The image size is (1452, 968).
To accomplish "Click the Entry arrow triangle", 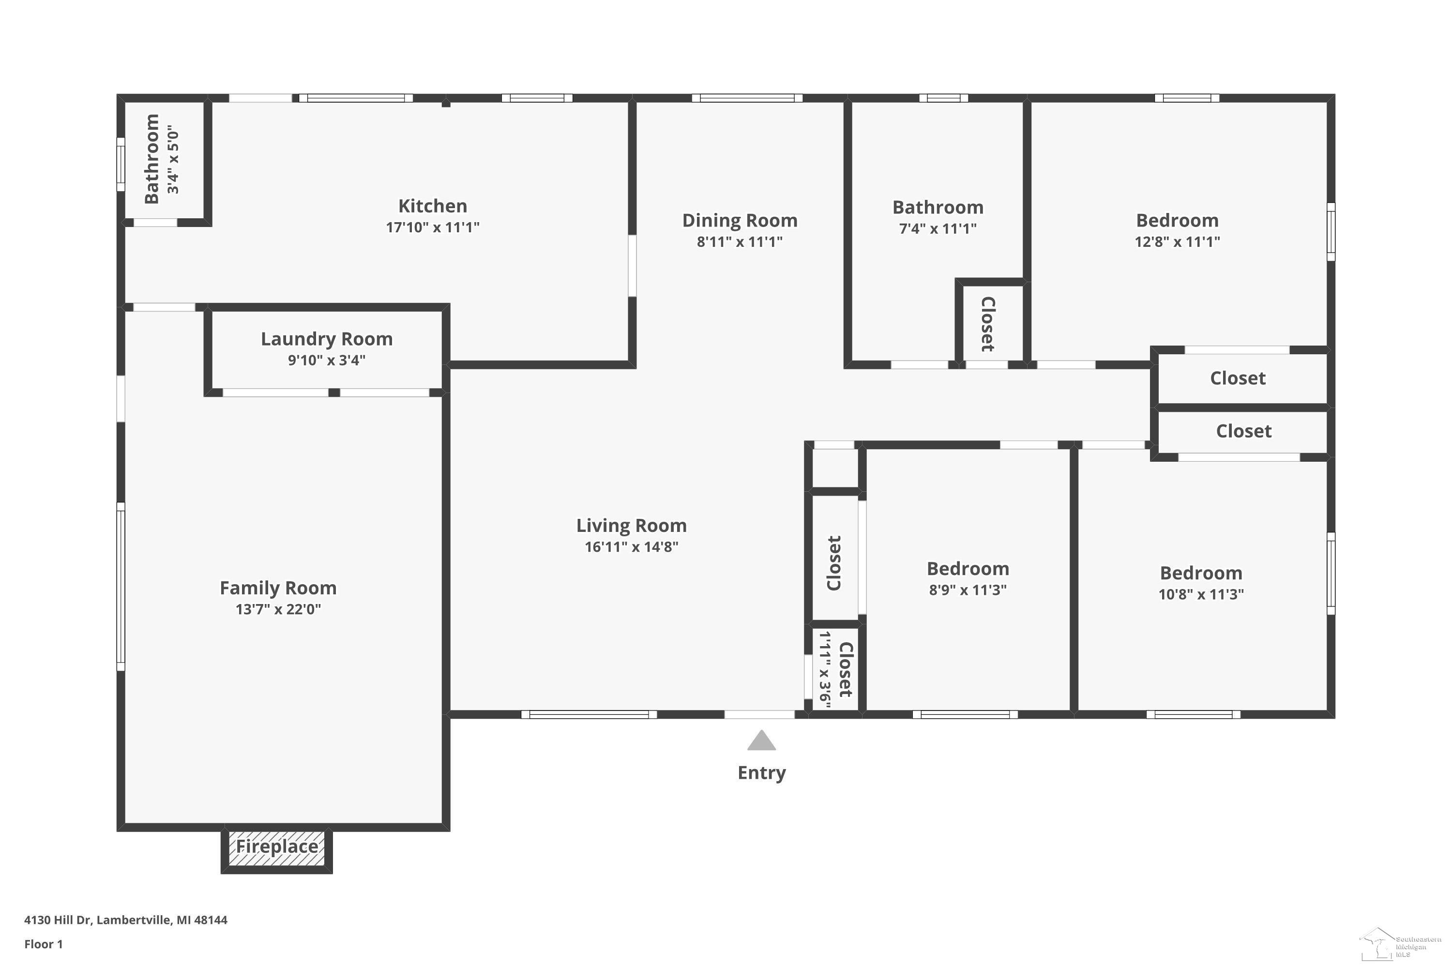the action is (x=761, y=741).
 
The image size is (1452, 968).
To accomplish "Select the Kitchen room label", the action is (x=432, y=206).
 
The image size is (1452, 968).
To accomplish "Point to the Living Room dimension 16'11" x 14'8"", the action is (x=632, y=546).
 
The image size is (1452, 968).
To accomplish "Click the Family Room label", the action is (x=278, y=588).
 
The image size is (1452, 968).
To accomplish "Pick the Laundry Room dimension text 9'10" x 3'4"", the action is (x=327, y=360).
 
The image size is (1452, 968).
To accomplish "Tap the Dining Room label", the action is (x=740, y=220).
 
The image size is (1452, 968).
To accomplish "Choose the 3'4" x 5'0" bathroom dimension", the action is (x=173, y=159).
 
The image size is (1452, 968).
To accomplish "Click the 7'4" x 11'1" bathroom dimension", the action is (x=938, y=228).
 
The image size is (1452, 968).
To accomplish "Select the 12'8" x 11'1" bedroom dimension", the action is (x=1177, y=242).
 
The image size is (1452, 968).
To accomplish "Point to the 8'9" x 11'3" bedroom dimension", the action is (x=968, y=590).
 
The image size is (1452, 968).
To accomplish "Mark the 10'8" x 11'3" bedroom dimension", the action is (x=1201, y=594).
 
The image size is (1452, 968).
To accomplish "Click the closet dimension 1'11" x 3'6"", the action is (x=825, y=669).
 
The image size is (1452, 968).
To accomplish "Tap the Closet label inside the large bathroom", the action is (x=988, y=324).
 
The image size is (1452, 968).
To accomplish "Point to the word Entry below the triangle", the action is (x=762, y=773).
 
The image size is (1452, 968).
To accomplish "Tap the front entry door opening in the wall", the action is (x=759, y=714).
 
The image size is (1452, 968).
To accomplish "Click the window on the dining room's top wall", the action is (x=747, y=98).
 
